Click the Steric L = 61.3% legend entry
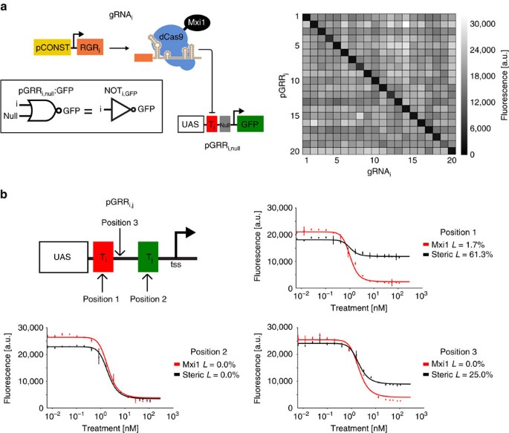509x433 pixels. (458, 255)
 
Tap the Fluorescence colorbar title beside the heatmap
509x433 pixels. (503, 82)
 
